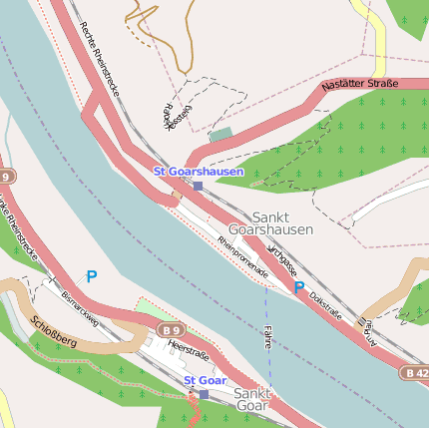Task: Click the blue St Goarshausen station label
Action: pyautogui.click(x=198, y=172)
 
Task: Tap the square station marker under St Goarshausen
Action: pyautogui.click(x=198, y=186)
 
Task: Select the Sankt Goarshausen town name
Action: pyautogui.click(x=282, y=222)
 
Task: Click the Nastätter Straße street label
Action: pyautogui.click(x=360, y=87)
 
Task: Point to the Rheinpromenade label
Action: pyautogui.click(x=244, y=256)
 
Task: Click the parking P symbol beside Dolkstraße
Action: pyautogui.click(x=299, y=287)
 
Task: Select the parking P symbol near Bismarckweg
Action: pyautogui.click(x=92, y=276)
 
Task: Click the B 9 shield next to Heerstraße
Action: pyautogui.click(x=171, y=330)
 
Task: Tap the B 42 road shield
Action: pyautogui.click(x=416, y=372)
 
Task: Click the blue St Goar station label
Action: pyautogui.click(x=205, y=380)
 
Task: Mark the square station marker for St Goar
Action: pyautogui.click(x=204, y=394)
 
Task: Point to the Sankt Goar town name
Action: pyautogui.click(x=251, y=400)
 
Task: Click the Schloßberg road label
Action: pyautogui.click(x=54, y=331)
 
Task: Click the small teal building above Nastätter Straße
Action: pyautogui.click(x=220, y=134)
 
